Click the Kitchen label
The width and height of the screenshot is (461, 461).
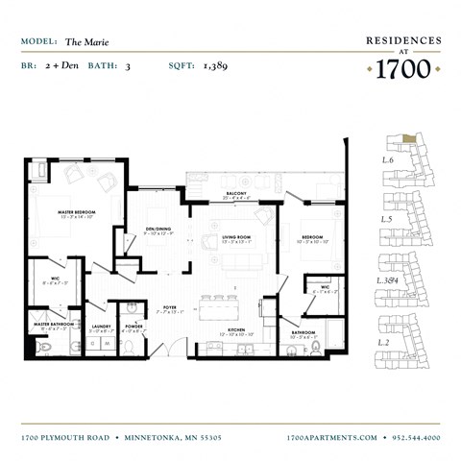pos(236,329)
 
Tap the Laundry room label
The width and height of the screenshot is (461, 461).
pos(101,326)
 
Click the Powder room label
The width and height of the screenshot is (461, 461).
pos(133,326)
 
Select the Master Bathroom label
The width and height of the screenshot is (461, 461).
pos(53,325)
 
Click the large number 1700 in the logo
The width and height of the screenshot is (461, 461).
pos(403,69)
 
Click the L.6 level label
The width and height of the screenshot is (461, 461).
pos(388,159)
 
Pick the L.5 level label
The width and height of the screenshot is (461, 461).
pos(388,220)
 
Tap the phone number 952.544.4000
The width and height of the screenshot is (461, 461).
pos(416,437)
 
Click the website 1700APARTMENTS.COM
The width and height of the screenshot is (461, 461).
pos(332,437)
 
